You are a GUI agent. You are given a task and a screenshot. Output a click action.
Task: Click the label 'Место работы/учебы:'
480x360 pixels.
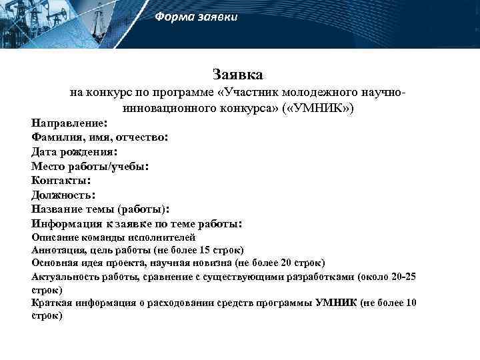tap(90, 166)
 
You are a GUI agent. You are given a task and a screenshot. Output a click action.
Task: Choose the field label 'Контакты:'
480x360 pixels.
tap(61, 180)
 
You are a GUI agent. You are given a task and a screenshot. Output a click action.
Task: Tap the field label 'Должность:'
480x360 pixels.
tap(63, 195)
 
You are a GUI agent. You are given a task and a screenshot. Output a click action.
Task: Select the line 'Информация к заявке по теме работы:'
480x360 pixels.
tap(137, 224)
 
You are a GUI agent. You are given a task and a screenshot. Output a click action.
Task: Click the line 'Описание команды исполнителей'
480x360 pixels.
tap(113, 237)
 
